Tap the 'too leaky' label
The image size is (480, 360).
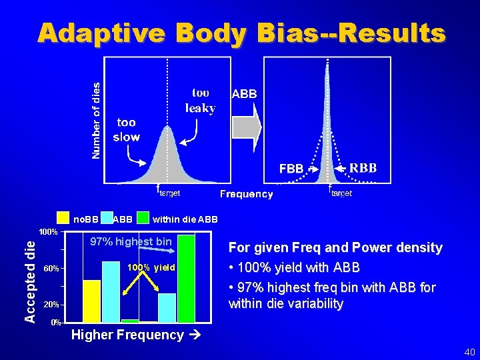(200, 100)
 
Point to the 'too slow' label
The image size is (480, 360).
(126, 129)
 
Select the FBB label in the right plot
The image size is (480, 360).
(291, 169)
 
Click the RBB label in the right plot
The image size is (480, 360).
(363, 167)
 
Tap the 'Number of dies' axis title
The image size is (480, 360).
(96, 121)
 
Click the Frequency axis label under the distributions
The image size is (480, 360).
(246, 194)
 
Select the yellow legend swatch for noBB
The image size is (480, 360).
(63, 218)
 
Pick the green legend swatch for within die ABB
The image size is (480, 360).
(143, 218)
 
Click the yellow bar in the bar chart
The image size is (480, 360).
(92, 301)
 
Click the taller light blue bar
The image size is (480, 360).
(111, 291)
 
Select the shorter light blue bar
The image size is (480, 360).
(167, 307)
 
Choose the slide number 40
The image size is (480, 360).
(469, 351)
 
